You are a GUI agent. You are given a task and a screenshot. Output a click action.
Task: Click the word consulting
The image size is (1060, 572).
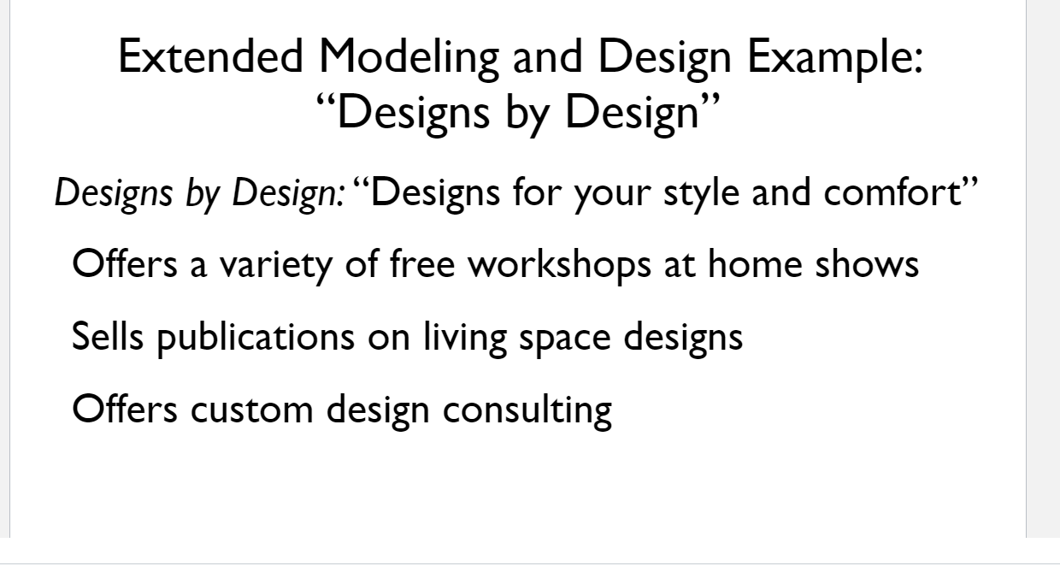tap(527, 410)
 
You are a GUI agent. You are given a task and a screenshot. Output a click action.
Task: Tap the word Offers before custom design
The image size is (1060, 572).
tap(126, 410)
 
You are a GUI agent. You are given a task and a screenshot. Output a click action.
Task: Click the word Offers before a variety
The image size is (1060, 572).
tap(126, 265)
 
